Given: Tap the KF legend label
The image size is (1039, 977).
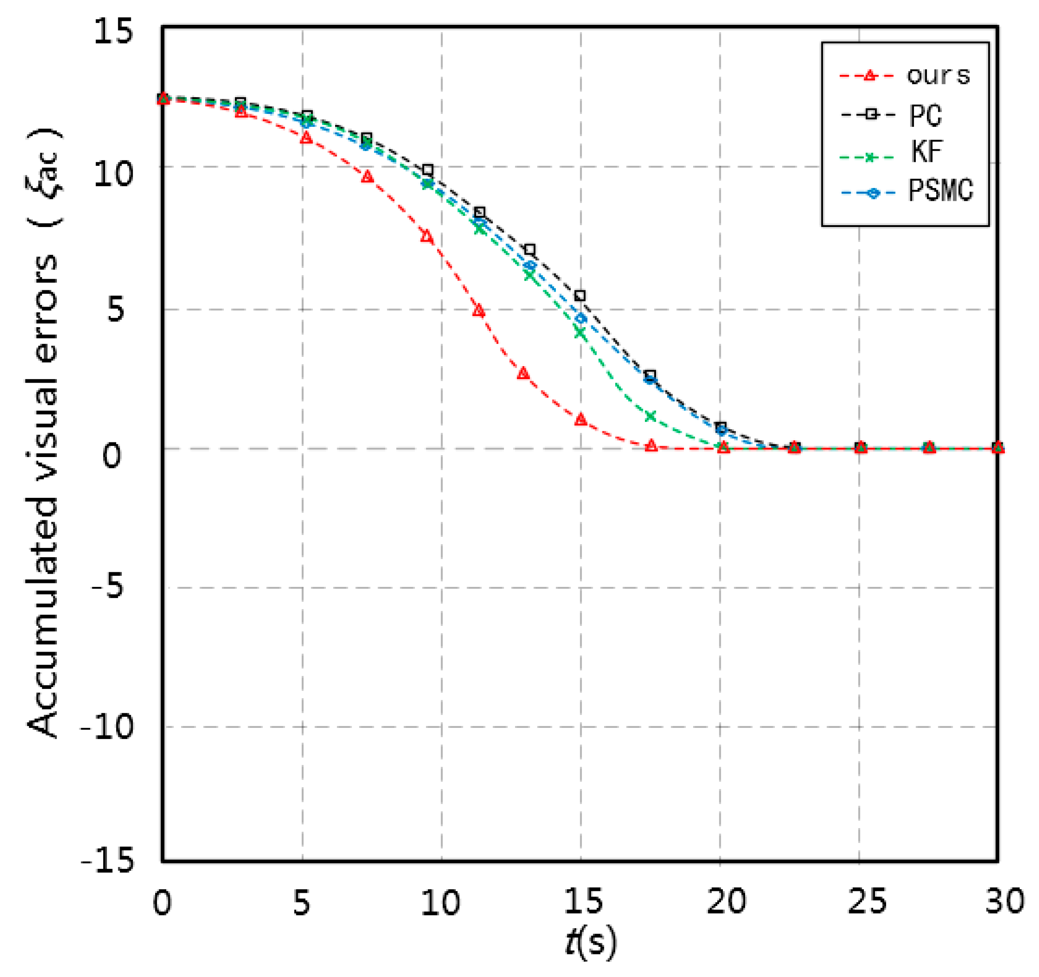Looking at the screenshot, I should coord(926,152).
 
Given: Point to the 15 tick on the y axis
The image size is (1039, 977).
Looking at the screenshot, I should coord(113,32).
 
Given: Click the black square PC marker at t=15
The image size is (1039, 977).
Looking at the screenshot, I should coord(580,296).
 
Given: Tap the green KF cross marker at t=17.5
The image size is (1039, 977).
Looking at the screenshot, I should coord(651,416).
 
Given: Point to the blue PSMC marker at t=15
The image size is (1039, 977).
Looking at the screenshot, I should coord(581,319).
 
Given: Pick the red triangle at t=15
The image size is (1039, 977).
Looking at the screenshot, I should coord(581,419).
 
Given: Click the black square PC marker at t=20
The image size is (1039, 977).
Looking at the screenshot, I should coord(721,427).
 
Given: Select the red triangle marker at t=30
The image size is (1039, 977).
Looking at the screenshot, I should coord(998,447).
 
